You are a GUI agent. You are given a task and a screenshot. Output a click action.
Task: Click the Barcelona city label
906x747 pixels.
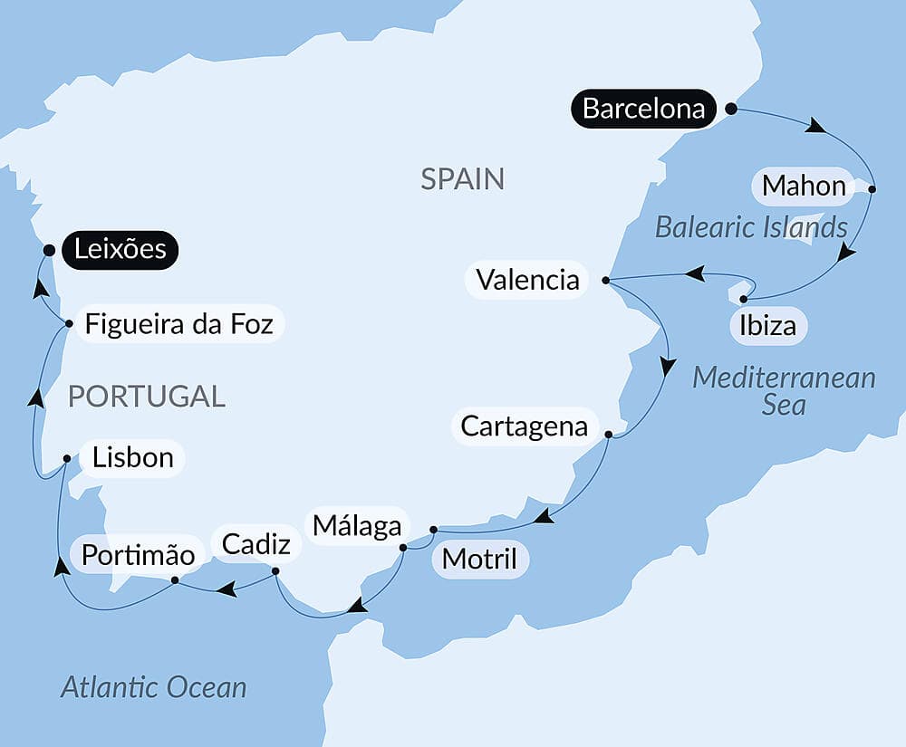pos(643,109)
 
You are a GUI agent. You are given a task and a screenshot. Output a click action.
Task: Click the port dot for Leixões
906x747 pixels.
pos(49,250)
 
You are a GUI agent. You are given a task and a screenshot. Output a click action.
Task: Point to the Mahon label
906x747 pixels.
pos(804,186)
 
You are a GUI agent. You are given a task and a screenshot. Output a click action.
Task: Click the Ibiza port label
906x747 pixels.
pos(767,325)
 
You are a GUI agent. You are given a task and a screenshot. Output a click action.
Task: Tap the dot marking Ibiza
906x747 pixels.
pos(744,298)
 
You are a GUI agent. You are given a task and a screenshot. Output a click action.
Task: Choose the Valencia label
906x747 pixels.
pos(527,279)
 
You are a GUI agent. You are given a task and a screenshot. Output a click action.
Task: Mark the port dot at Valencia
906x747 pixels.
pos(605,280)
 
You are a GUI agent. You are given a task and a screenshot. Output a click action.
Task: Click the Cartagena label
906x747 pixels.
pos(524,426)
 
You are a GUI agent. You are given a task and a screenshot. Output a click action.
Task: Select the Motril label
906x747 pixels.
pos(479,560)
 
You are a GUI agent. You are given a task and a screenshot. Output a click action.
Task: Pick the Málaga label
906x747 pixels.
pos(357,525)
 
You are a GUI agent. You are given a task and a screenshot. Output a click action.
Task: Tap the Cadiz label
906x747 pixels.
pos(256,543)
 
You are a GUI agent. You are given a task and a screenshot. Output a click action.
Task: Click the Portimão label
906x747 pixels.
pos(139,554)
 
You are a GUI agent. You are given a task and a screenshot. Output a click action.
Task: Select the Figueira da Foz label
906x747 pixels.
pos(178,323)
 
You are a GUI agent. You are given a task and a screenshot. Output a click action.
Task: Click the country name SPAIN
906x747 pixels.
pos(462,178)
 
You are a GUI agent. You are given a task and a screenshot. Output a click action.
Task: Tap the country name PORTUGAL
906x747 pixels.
pos(147,396)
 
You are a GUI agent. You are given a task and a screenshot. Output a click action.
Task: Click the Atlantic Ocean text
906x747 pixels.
pos(154,687)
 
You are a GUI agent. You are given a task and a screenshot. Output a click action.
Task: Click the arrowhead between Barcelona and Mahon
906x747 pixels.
pos(816,127)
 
